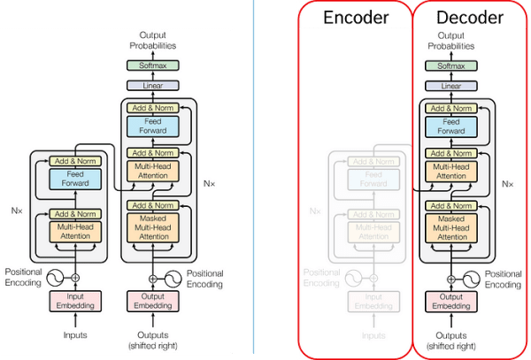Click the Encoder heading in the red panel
tap(355, 18)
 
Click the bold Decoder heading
tap(470, 18)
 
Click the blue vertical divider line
tap(254, 177)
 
